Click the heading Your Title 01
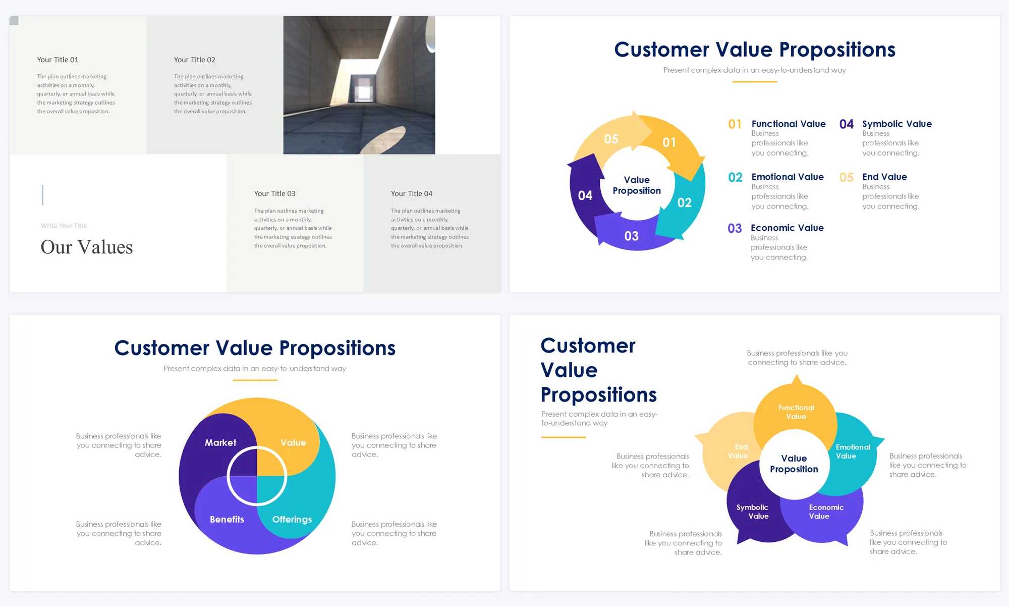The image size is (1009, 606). pos(58,60)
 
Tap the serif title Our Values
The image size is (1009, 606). pos(87,247)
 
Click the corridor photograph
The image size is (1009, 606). pos(359,85)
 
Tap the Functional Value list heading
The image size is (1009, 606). pos(789,124)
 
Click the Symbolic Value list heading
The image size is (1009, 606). pos(897,124)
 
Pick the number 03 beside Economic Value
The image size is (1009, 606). pos(735,228)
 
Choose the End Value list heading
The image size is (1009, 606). pos(884,177)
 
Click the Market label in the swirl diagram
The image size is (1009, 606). pos(220,442)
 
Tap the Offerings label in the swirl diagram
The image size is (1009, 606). pos(292,519)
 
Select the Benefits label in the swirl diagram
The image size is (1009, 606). pos(227,519)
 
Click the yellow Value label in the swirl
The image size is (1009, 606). pos(293,442)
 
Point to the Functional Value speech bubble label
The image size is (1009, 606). pos(796,412)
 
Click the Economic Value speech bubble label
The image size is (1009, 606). pos(826,512)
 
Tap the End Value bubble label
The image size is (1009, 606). pos(738,451)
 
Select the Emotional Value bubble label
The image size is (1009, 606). pos(853,451)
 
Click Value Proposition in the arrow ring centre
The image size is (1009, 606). pos(637,185)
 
